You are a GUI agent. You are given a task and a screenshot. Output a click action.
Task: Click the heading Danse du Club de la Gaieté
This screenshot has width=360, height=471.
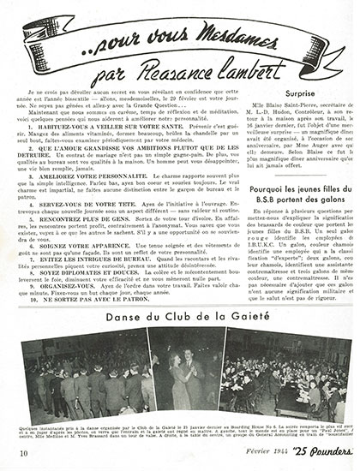(x=179, y=313)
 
